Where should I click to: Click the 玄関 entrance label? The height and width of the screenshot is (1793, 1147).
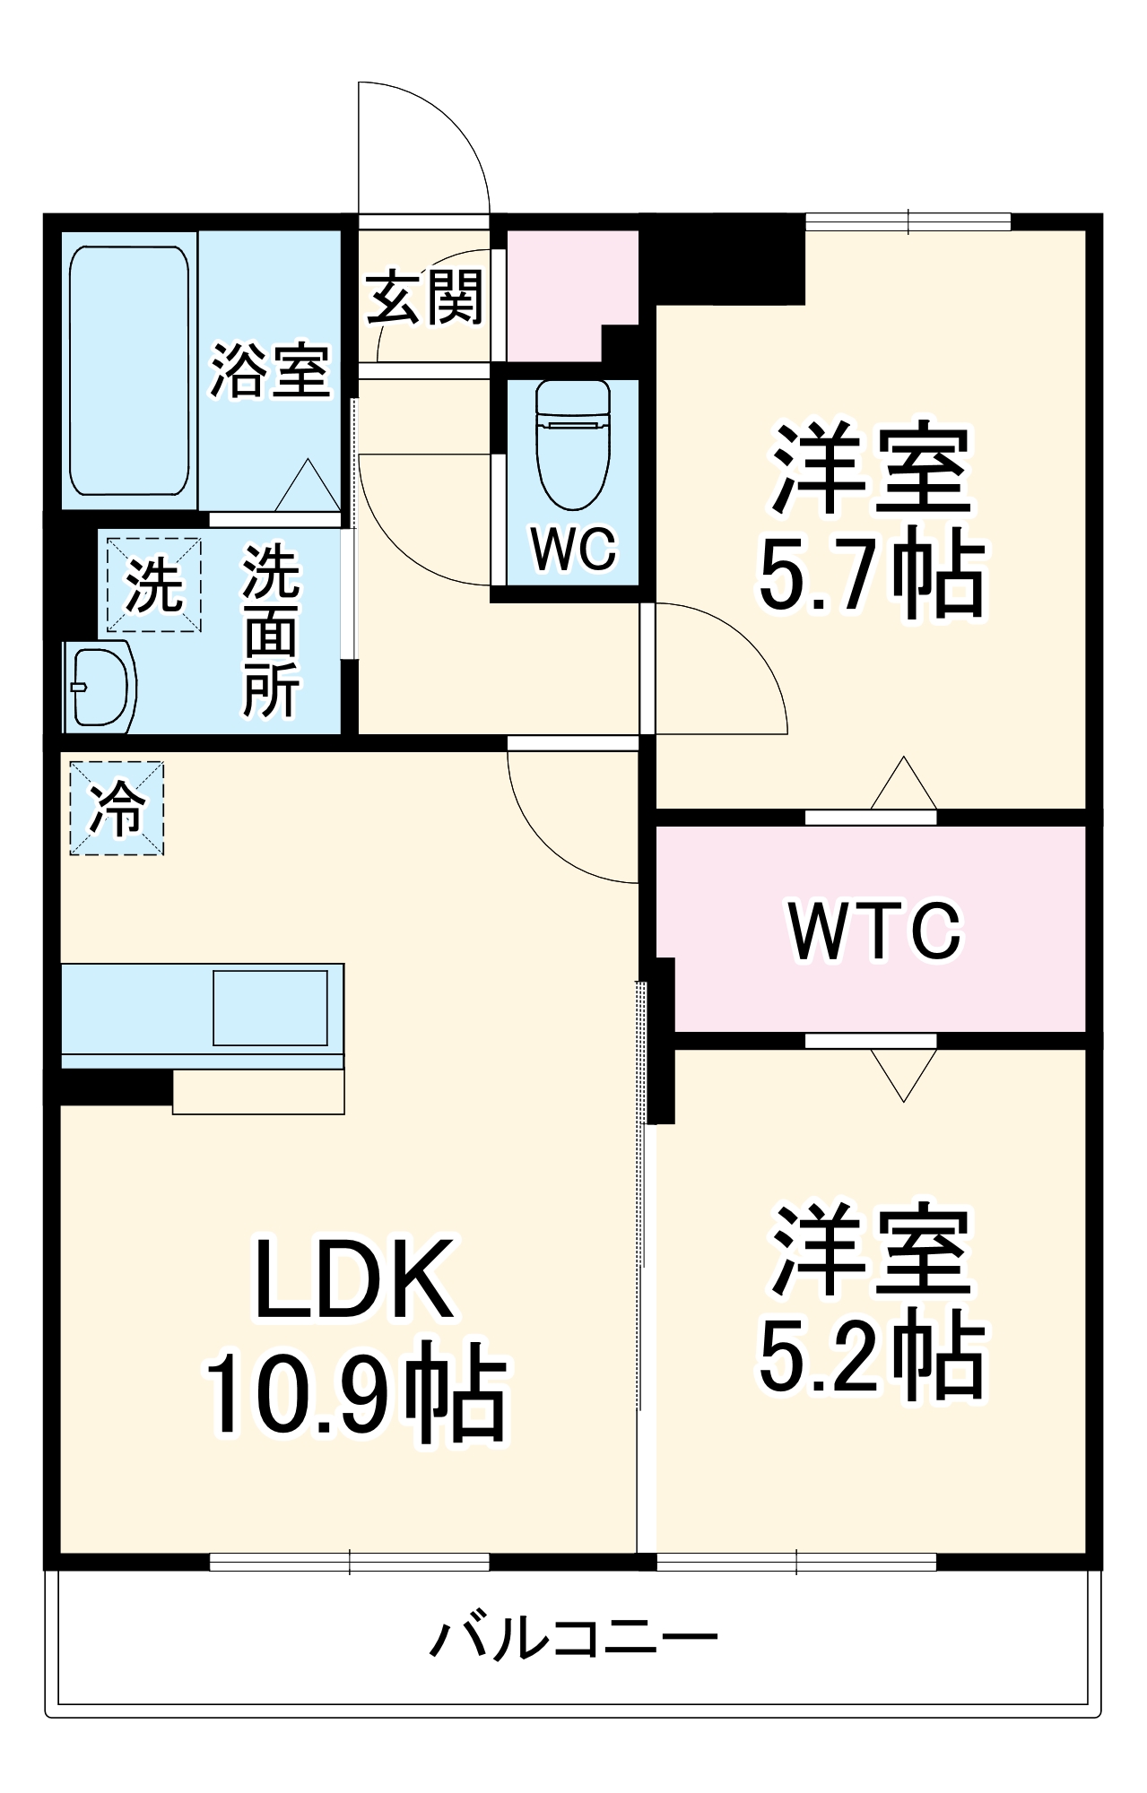pos(425,298)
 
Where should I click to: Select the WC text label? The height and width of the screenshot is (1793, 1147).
pos(573,548)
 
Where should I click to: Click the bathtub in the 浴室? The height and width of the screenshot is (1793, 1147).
pos(129,371)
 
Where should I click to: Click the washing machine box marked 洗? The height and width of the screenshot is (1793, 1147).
pos(153,585)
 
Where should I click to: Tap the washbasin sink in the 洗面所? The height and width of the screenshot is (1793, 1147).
pos(100,686)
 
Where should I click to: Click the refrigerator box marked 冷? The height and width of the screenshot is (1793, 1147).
pos(117,808)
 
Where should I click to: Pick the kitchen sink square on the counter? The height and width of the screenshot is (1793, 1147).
pos(270,1008)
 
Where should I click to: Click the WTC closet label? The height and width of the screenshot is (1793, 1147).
pos(874,931)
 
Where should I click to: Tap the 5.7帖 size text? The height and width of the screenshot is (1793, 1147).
pos(872,574)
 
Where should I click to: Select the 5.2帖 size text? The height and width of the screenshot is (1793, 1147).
pos(872,1356)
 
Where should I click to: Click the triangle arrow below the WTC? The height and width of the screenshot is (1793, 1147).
pos(903,1074)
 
